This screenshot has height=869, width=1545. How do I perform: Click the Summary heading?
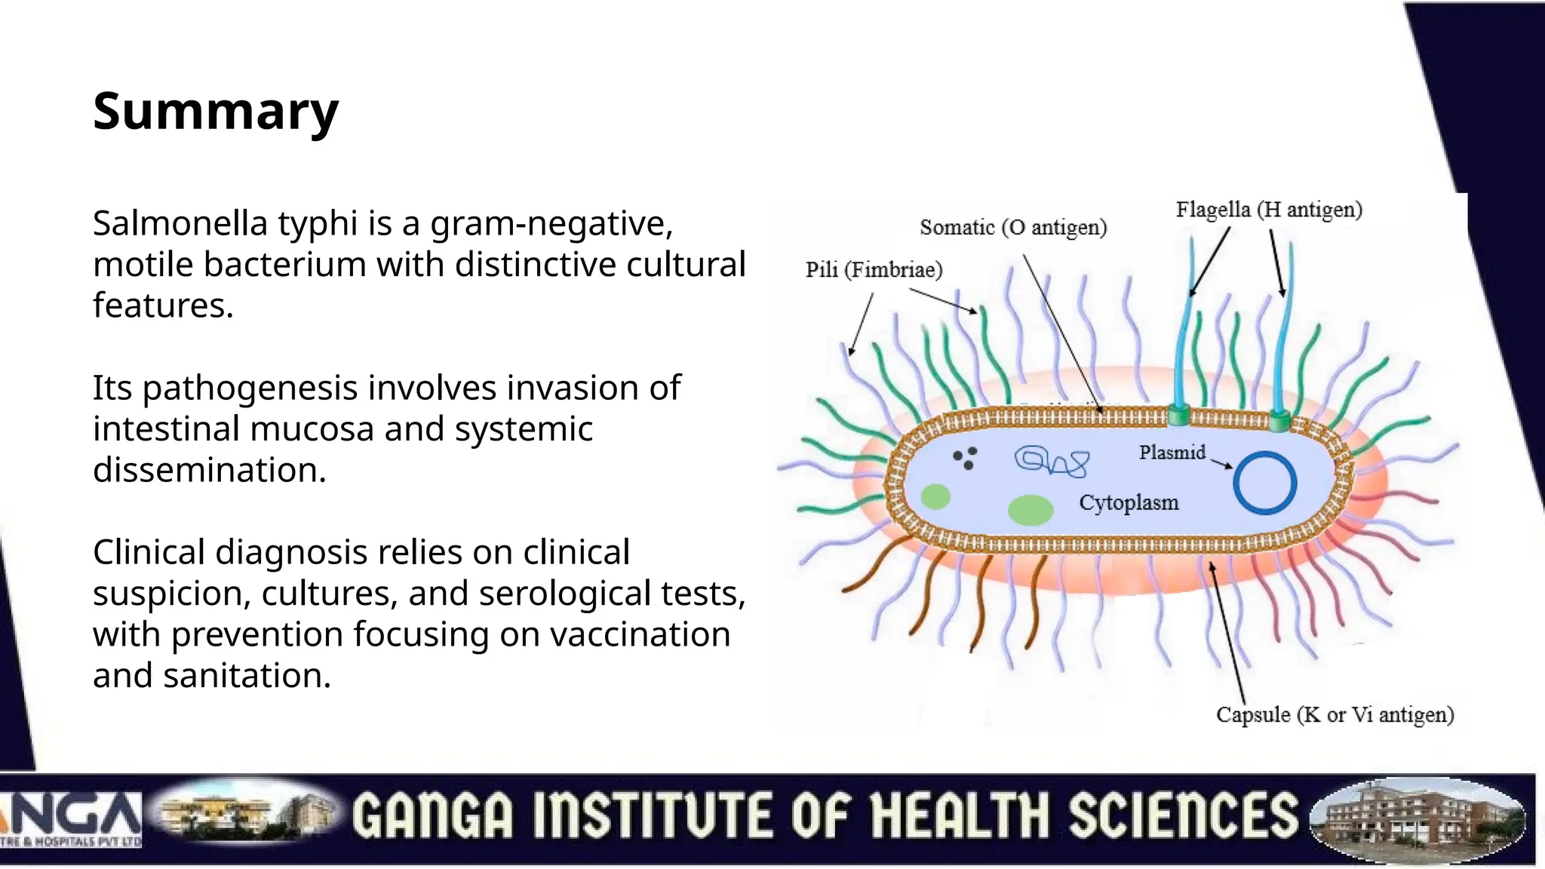216,112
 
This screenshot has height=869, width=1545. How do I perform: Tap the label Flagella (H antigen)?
1269,210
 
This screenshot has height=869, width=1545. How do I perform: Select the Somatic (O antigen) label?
1013,228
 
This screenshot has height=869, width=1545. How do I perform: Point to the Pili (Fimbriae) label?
874,270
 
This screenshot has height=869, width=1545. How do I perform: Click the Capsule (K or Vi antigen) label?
1335,714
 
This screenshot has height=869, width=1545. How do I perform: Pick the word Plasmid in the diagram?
1172,453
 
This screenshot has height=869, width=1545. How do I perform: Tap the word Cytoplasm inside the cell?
1129,502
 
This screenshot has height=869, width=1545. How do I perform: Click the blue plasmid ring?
1265,483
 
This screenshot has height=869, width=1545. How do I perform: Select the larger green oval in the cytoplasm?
1031,510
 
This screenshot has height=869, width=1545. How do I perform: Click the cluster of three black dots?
966,458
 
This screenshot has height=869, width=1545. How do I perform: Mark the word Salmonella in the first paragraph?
180,224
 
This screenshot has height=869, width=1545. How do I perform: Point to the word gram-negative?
551,224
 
